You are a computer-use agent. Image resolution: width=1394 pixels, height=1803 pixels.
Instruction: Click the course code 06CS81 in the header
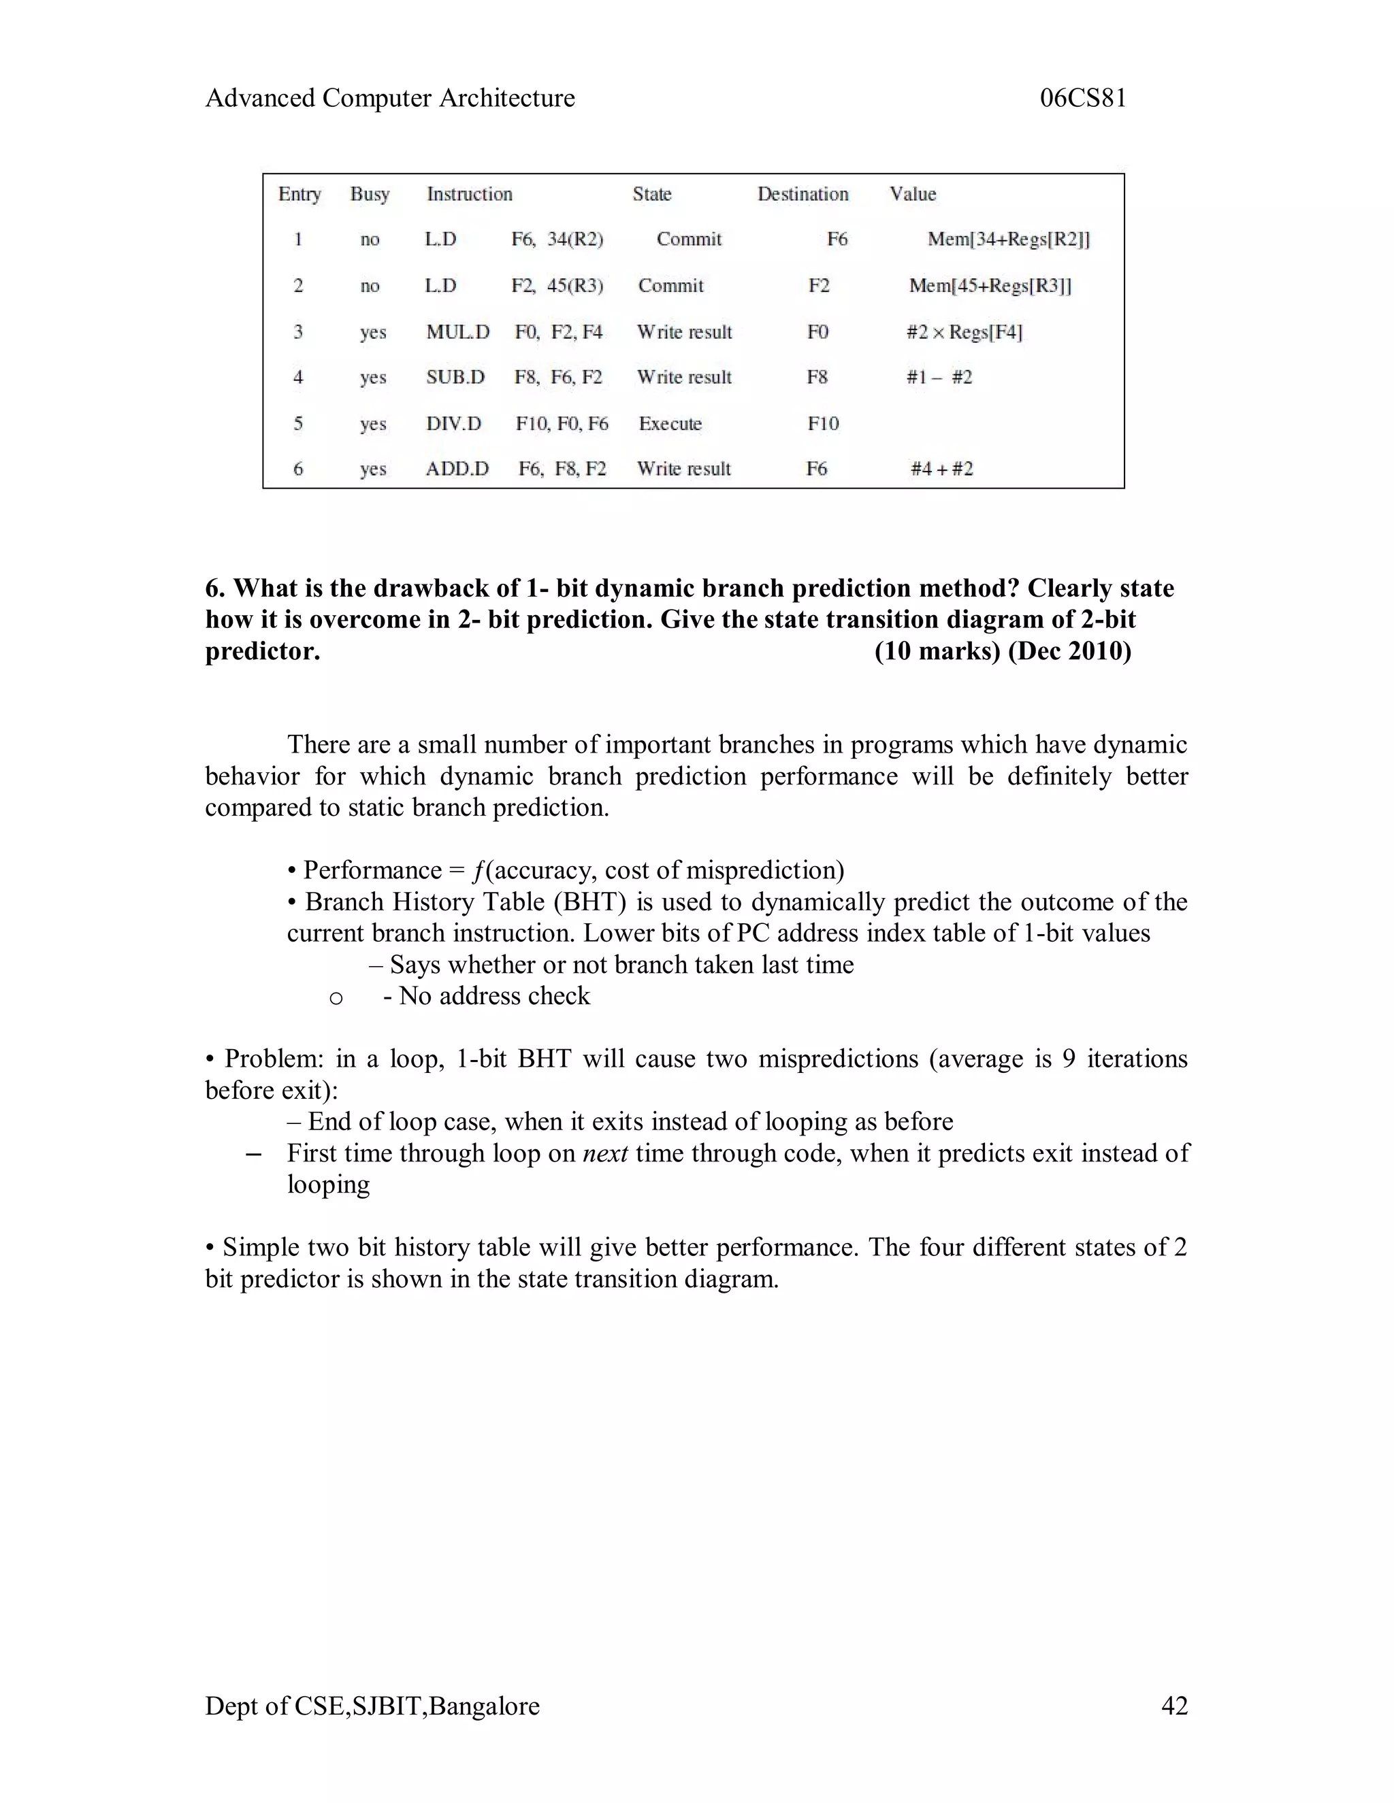1083,98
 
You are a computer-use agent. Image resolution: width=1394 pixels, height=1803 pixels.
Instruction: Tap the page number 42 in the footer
1173,1706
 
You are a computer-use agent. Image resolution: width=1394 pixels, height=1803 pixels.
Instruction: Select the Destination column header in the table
803,194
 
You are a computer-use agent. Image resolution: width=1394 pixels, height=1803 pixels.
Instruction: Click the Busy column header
369,194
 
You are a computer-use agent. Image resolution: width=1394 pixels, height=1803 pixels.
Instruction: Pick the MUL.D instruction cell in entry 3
457,332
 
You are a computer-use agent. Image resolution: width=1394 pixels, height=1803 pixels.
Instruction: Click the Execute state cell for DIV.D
670,423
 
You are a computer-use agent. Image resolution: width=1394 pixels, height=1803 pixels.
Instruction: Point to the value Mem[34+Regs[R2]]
1008,239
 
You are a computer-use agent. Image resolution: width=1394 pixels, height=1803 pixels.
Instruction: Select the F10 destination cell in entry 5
822,423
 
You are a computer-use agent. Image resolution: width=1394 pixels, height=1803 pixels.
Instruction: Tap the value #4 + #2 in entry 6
941,469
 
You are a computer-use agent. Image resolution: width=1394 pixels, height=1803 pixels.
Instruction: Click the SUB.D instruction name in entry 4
455,378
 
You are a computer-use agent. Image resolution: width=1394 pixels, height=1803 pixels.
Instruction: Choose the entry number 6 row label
298,469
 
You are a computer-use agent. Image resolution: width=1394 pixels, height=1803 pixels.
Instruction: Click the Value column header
913,194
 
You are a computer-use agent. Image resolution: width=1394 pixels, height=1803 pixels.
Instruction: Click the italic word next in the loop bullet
605,1153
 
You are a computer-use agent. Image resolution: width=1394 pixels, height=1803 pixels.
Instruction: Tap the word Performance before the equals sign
372,870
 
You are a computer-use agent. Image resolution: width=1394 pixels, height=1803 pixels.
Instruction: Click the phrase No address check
494,997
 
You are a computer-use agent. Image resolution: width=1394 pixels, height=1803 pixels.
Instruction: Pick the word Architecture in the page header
506,98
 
